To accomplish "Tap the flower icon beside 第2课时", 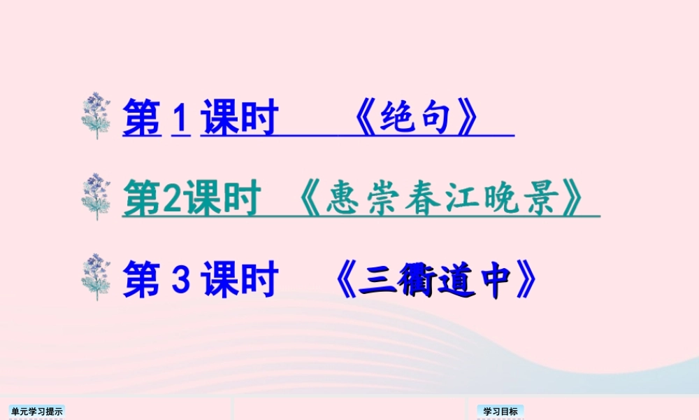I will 96,197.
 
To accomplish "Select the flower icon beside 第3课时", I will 96,278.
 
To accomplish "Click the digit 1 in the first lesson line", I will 180,117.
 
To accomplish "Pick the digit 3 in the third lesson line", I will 180,279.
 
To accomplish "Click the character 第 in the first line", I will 142,117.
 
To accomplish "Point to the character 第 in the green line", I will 142,199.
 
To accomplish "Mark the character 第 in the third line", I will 142,279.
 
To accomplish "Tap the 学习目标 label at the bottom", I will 500,412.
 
